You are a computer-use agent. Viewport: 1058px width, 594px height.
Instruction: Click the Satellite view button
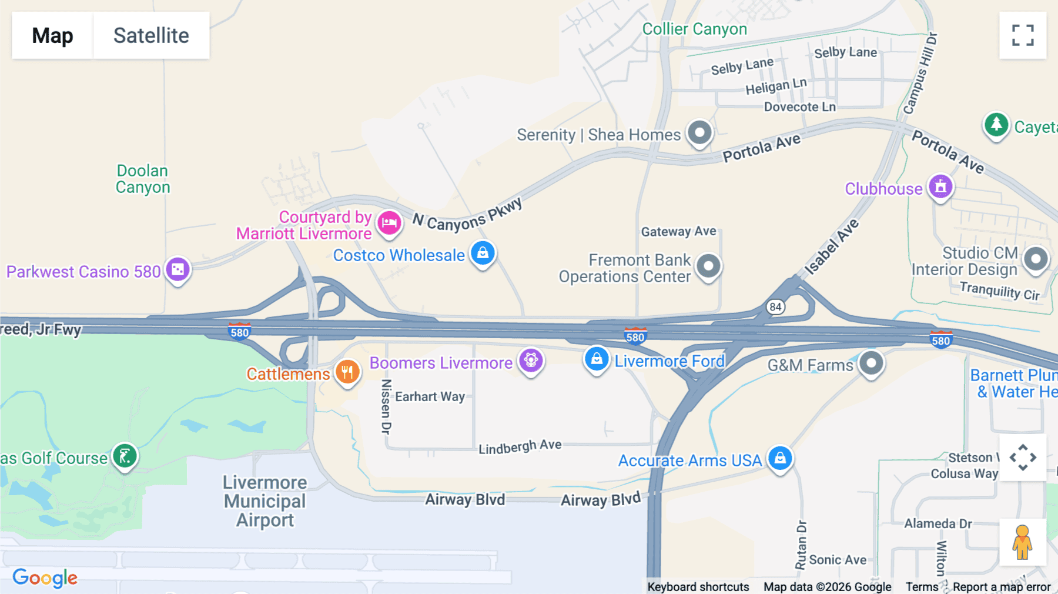click(x=151, y=35)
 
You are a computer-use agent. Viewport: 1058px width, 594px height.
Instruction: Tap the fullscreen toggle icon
click(x=1023, y=35)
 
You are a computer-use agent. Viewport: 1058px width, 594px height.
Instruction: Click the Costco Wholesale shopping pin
click(x=483, y=253)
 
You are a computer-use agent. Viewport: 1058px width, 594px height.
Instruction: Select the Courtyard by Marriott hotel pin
click(x=389, y=223)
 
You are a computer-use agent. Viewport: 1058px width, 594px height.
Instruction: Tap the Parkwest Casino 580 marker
click(x=178, y=270)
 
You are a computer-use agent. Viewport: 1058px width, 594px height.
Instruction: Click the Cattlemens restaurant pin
click(x=347, y=372)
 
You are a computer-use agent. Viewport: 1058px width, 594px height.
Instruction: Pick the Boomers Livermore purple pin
click(x=531, y=361)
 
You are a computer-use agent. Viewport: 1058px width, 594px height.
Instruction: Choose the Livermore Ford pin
click(x=597, y=359)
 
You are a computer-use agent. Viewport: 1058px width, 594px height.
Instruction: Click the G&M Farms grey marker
click(x=871, y=363)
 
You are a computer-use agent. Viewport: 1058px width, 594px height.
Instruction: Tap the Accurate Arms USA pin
click(x=780, y=458)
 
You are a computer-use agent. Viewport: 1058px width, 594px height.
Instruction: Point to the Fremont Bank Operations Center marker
click(x=708, y=266)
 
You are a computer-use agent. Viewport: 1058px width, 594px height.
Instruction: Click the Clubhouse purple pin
click(x=940, y=187)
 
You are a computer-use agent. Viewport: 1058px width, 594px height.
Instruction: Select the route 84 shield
click(x=776, y=306)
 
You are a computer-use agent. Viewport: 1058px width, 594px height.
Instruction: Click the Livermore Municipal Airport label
click(x=265, y=501)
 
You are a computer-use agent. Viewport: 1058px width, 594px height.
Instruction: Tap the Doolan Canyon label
click(x=143, y=179)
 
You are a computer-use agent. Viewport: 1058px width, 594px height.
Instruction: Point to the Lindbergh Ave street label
click(x=520, y=447)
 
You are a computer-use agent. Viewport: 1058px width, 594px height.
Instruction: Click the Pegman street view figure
click(x=1022, y=542)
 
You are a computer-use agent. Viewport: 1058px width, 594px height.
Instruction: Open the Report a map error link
click(x=1002, y=587)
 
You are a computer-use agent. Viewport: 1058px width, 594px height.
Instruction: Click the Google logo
click(x=45, y=578)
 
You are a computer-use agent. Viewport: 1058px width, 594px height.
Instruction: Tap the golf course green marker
click(x=125, y=456)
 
